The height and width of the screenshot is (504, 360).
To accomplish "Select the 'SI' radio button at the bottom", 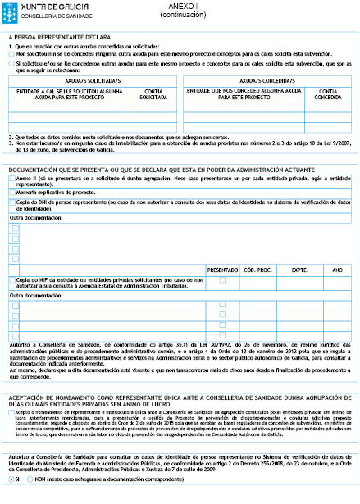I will tap(9, 497).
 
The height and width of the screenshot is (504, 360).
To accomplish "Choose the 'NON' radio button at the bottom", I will tap(31, 497).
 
